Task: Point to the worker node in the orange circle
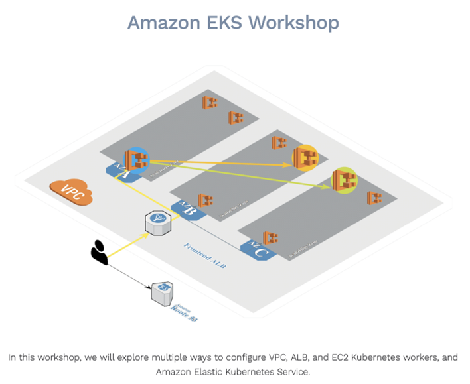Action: (306, 157)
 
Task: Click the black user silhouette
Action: (99, 252)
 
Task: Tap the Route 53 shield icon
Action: (161, 292)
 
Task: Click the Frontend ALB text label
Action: (205, 255)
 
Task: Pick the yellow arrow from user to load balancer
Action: (126, 241)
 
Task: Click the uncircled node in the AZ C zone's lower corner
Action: (270, 237)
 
